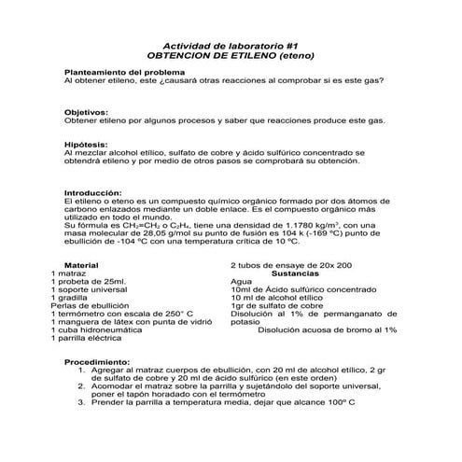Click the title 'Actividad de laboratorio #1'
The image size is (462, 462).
231,45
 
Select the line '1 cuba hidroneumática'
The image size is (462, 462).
95,329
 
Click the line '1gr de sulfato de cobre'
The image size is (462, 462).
276,305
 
